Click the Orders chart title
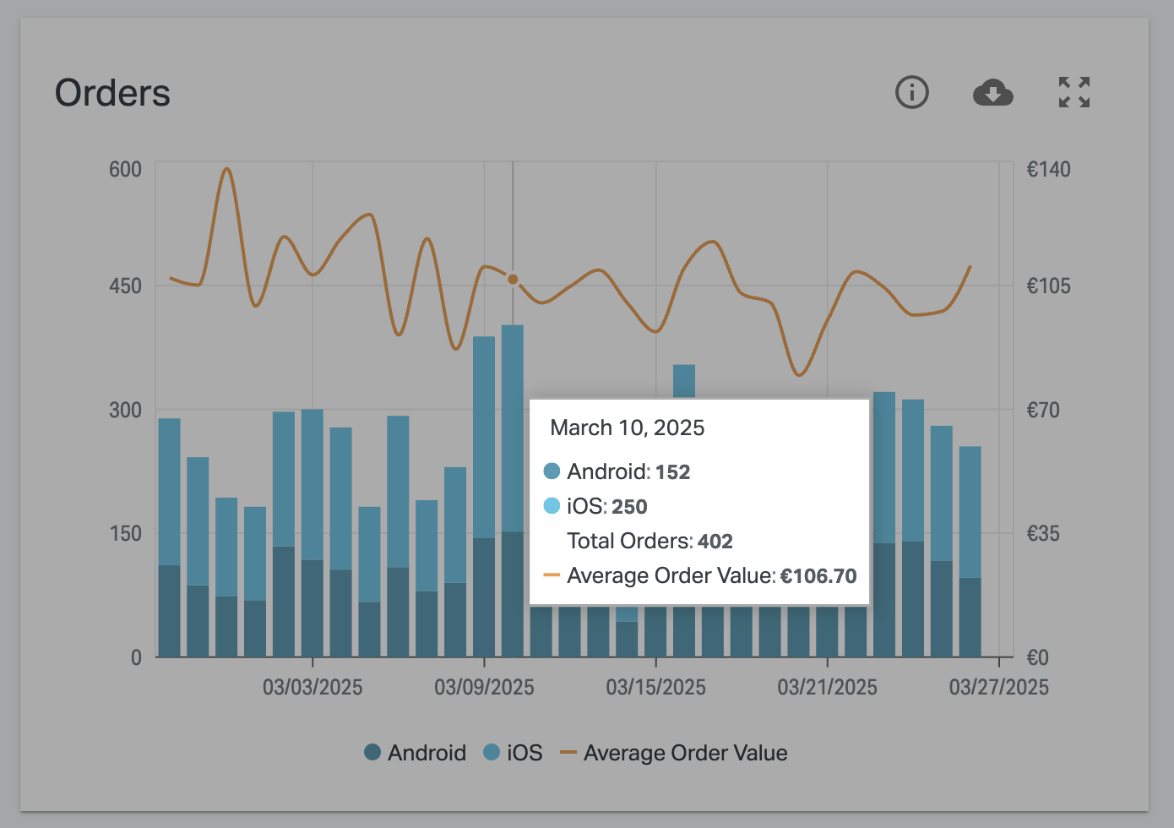112,93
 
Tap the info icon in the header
911,92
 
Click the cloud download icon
992,92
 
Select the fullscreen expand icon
1074,92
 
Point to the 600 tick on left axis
125,169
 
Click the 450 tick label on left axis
125,286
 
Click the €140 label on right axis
1047,169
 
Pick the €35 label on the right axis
1042,533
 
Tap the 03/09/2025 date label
484,687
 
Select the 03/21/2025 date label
827,687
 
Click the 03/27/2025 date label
998,687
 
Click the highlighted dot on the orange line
513,279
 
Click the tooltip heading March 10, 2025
627,428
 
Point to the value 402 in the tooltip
715,542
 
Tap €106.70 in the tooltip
818,576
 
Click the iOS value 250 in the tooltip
629,507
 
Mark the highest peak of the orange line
226,169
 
